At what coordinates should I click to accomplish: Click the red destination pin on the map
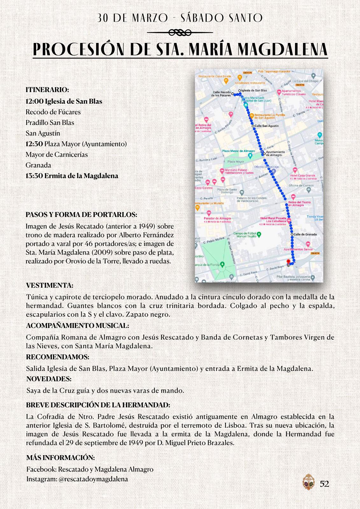[288, 262]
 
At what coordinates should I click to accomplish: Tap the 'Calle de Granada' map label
[305, 234]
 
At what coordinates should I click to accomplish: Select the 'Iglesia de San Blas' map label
[254, 91]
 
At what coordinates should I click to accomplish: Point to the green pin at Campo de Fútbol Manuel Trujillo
[259, 234]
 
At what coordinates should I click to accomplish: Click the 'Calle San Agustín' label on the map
[266, 126]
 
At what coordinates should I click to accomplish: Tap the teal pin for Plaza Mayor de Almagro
[250, 156]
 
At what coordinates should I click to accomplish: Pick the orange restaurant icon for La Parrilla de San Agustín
[251, 116]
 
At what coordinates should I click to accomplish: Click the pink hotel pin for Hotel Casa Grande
[295, 170]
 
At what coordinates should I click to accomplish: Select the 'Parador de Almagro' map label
[217, 219]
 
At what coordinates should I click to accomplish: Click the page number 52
[324, 484]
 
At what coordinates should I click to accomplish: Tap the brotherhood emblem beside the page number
[308, 482]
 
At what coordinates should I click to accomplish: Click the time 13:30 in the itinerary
[34, 176]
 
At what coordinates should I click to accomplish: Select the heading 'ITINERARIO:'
[47, 90]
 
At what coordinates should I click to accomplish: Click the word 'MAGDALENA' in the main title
[282, 50]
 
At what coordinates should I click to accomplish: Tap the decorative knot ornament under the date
[180, 32]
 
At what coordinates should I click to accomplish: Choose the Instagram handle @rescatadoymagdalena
[93, 479]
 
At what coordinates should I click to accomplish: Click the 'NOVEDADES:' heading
[49, 379]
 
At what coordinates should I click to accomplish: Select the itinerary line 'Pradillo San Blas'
[50, 123]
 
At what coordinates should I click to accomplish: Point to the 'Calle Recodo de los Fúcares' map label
[222, 94]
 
